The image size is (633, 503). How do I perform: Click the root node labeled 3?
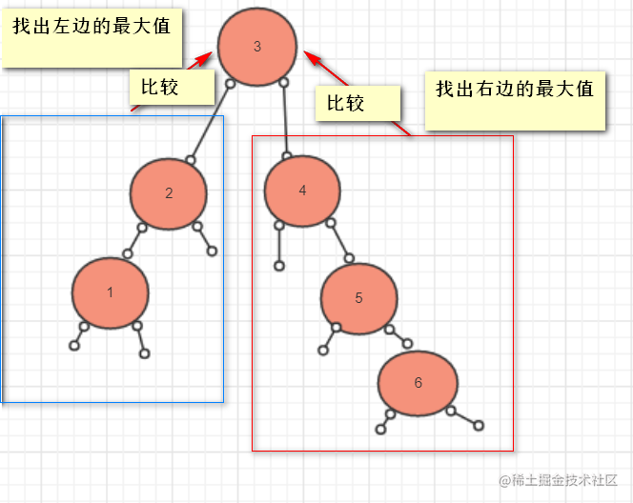(x=257, y=47)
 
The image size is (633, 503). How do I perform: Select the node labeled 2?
(x=169, y=193)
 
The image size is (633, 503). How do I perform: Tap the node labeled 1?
(x=111, y=292)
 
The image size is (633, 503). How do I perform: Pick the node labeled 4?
(x=302, y=191)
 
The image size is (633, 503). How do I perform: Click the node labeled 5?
(x=358, y=298)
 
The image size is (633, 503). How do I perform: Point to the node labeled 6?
(x=418, y=383)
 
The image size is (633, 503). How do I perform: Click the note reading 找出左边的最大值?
(x=92, y=38)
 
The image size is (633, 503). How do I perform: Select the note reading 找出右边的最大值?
(x=515, y=101)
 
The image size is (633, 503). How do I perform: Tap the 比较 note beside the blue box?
(x=172, y=87)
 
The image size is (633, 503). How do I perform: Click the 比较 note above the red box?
(x=357, y=103)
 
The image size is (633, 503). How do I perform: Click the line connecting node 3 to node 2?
(x=211, y=122)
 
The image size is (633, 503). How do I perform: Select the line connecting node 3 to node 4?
(x=285, y=119)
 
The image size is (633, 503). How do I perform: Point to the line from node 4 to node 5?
(x=340, y=240)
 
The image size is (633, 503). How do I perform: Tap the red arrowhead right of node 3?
(x=312, y=58)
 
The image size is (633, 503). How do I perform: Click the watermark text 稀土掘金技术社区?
(x=564, y=480)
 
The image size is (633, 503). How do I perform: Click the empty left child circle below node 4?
(x=279, y=266)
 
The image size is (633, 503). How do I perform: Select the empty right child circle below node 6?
(x=479, y=426)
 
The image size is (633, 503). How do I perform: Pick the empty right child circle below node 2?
(x=212, y=251)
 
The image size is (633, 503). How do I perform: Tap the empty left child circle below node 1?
(x=74, y=346)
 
